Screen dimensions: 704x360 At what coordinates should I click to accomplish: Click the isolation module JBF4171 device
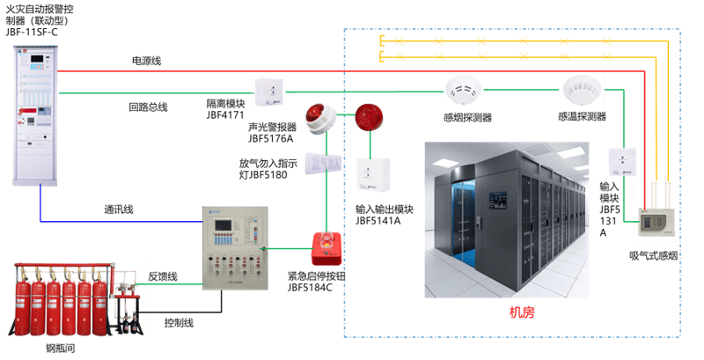(269, 92)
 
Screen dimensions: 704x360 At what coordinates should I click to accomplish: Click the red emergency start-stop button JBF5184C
(326, 249)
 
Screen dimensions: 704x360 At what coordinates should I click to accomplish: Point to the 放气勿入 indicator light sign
(323, 163)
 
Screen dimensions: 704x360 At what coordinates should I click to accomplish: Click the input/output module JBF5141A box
(372, 175)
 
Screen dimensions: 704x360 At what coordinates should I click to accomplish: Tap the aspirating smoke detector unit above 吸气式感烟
(656, 222)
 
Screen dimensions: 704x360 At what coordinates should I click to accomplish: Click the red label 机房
(522, 312)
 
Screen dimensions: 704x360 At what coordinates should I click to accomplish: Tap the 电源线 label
(146, 61)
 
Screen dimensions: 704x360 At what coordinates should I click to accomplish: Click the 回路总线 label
(148, 107)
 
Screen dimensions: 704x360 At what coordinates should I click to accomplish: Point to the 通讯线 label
(119, 209)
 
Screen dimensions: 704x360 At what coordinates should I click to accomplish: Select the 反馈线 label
(163, 276)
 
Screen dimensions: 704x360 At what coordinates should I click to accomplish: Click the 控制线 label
(179, 323)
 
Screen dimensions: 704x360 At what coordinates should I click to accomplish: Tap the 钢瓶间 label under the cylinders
(60, 349)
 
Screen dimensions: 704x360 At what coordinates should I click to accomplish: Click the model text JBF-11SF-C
(32, 33)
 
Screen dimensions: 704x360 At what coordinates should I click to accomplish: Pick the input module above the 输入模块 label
(622, 162)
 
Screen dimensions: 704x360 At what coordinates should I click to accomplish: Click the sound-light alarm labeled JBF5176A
(320, 119)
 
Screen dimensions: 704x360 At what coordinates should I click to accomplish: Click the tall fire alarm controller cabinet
(35, 116)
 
